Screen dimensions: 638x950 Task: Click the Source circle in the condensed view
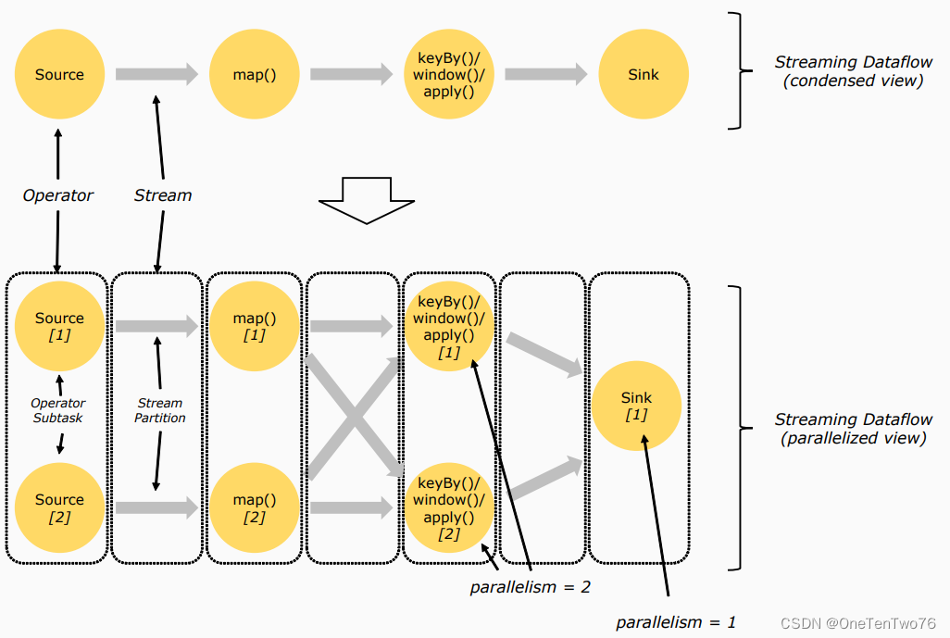[x=59, y=74]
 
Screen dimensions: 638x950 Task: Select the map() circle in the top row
[x=254, y=74]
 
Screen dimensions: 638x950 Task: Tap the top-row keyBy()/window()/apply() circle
[x=449, y=74]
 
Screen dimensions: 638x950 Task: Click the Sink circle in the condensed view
[x=644, y=74]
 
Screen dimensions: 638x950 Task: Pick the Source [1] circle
[x=59, y=325]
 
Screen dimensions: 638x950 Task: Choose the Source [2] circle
[x=59, y=507]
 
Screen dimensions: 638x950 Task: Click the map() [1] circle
[x=254, y=325]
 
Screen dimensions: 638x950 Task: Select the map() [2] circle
[x=254, y=507]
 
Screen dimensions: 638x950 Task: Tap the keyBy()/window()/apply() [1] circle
[x=449, y=326]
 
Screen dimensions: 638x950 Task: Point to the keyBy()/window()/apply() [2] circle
[x=449, y=507]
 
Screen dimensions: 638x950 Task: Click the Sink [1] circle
[x=636, y=407]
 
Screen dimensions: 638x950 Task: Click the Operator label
[x=58, y=195]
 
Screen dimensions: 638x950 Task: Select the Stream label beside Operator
[x=163, y=195]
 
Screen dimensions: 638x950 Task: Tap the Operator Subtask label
[x=58, y=410]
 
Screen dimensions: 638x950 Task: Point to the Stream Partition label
[x=160, y=410]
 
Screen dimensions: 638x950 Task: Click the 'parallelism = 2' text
[x=529, y=586]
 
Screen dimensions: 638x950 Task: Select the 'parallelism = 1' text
[x=676, y=622]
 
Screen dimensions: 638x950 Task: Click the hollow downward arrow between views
[x=366, y=200]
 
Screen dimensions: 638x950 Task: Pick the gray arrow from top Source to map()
[x=156, y=74]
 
